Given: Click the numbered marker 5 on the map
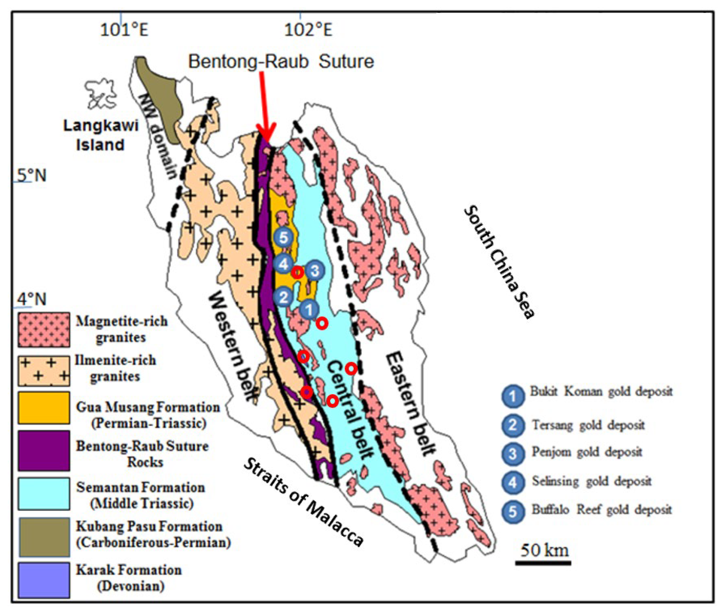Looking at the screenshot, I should [284, 238].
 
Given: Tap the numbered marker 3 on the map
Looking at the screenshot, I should [315, 270].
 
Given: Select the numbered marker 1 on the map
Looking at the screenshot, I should [309, 309].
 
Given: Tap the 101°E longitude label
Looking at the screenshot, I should [124, 30].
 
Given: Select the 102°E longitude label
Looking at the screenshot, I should [308, 30].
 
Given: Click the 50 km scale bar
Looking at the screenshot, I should [543, 562].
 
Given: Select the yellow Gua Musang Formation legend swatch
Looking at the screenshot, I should [44, 408].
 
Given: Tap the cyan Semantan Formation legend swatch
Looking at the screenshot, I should [44, 494].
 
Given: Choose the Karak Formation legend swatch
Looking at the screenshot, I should [44, 580].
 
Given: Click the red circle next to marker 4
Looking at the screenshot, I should [298, 272].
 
